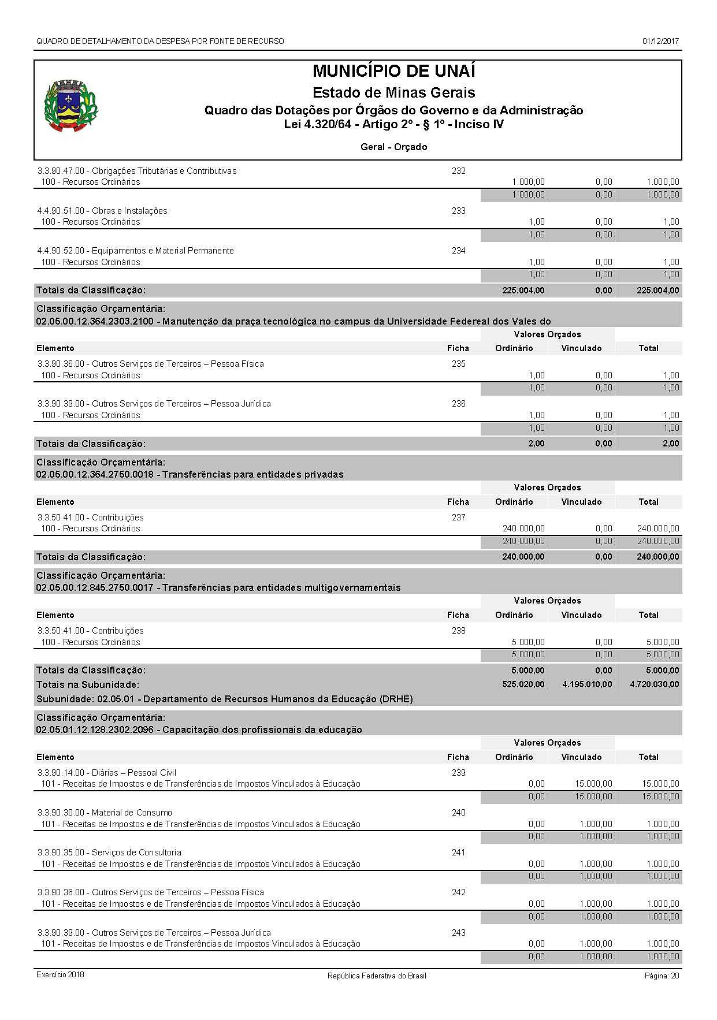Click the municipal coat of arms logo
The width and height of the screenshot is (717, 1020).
70,106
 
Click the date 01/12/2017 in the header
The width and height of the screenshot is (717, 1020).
660,41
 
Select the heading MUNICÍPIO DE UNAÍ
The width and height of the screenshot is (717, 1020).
393,72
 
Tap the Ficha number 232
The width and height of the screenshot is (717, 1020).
458,171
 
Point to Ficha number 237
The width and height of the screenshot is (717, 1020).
458,518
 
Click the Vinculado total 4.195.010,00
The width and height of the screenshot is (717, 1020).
587,684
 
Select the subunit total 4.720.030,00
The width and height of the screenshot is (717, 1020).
655,684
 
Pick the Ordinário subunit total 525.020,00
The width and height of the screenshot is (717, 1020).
523,684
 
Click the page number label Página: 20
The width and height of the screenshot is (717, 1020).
662,976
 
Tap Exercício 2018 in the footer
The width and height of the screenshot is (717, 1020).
60,975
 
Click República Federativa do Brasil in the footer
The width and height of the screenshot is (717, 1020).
377,976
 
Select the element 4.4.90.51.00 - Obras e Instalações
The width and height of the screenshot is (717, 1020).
102,211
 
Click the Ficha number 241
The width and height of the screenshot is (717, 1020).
458,853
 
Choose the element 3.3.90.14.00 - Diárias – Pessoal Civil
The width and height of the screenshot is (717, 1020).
107,773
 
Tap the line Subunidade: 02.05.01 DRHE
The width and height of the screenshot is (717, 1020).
224,699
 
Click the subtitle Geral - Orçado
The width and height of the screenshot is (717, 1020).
393,147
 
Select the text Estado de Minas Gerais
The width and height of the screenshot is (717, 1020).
393,92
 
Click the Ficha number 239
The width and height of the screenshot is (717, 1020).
458,773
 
